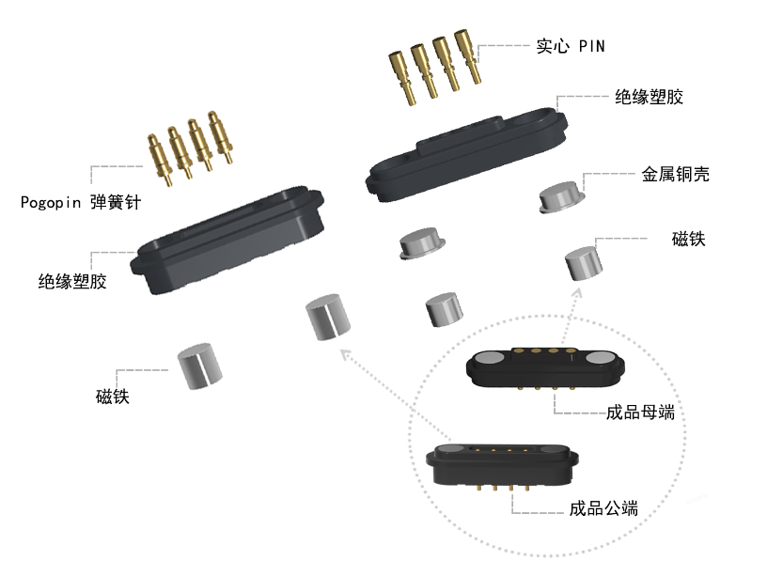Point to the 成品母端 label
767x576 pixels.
coord(640,412)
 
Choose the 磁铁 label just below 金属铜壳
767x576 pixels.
coord(689,239)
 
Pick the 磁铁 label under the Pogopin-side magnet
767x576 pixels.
coord(112,397)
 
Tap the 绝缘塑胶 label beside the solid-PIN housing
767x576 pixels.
coord(649,98)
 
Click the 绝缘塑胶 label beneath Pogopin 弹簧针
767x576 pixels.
coord(72,281)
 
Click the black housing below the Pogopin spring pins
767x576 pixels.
coord(230,240)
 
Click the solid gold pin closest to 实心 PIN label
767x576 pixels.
coord(467,56)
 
